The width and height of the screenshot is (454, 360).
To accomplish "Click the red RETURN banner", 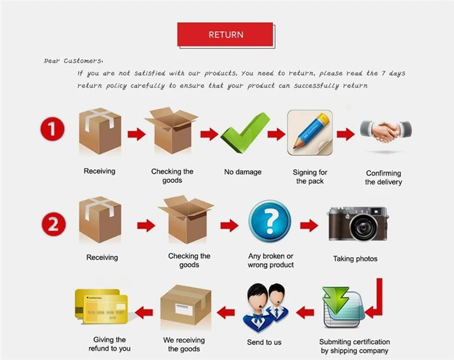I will [x=225, y=34].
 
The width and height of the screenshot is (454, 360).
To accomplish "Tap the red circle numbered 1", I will [x=53, y=129].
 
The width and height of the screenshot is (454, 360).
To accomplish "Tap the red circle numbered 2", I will [x=53, y=225].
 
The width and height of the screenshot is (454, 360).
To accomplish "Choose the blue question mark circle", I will [x=269, y=221].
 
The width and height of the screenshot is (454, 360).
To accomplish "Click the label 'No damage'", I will [x=243, y=172].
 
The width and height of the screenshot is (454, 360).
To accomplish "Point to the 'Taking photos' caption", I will [x=355, y=259].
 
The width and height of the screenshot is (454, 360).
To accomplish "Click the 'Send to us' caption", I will [x=265, y=342].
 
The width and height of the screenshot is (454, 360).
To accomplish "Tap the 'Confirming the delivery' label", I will [x=383, y=177].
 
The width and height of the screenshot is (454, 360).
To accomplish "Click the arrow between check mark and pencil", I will [x=276, y=134].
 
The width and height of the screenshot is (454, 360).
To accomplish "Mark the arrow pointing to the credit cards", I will [x=143, y=312].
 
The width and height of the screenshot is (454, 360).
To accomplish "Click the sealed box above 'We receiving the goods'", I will [x=186, y=309].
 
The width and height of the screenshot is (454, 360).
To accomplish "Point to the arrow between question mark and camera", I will [x=309, y=226].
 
